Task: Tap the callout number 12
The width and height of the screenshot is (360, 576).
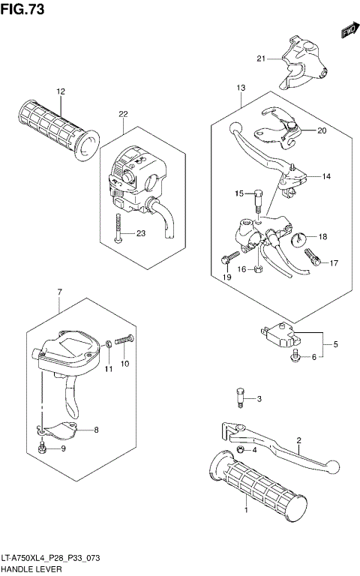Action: pyautogui.click(x=60, y=91)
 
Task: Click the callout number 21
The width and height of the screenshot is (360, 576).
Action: pyautogui.click(x=261, y=58)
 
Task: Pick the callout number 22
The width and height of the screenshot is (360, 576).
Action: pyautogui.click(x=123, y=114)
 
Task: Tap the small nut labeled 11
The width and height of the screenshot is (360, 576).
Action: pyautogui.click(x=109, y=344)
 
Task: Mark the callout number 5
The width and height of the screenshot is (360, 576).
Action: pyautogui.click(x=335, y=344)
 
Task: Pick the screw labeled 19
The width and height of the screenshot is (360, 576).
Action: pyautogui.click(x=225, y=262)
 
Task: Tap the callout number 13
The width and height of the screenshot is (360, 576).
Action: pyautogui.click(x=240, y=88)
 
